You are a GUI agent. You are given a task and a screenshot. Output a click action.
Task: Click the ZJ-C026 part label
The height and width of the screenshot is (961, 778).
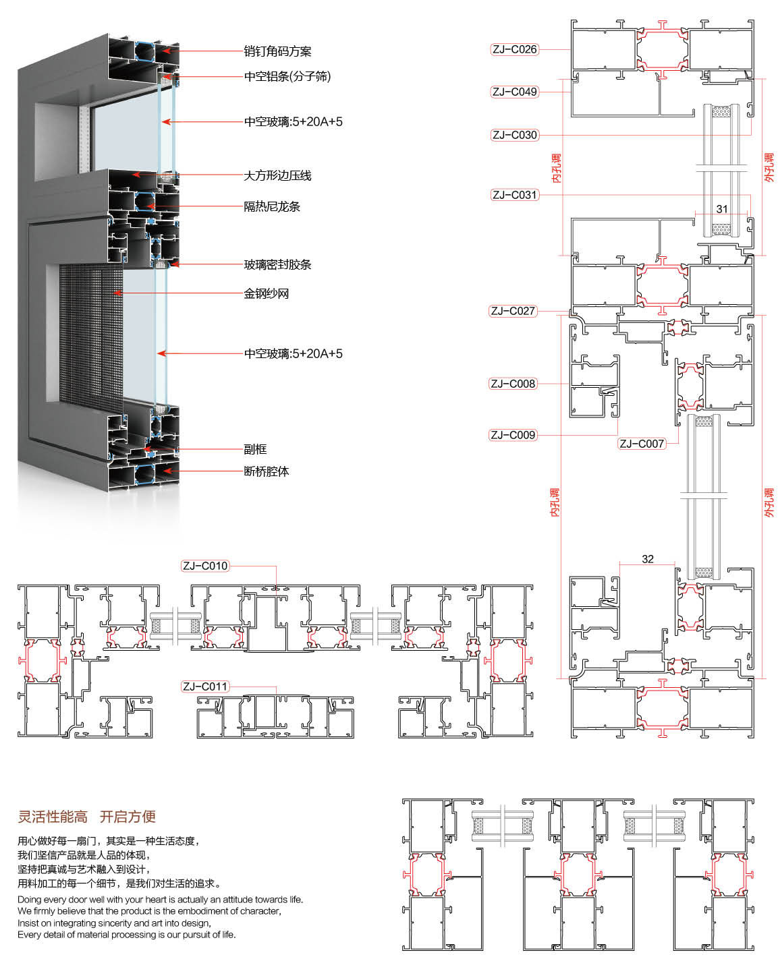[514, 49]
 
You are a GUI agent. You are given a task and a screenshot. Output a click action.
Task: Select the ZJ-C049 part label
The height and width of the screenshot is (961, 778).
[514, 92]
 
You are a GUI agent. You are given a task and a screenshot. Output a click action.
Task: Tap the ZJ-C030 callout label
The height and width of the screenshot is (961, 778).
[514, 135]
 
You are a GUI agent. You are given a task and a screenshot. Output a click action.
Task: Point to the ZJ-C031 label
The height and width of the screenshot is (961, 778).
[514, 195]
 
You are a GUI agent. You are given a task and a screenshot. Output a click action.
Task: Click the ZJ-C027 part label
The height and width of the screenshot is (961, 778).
[513, 311]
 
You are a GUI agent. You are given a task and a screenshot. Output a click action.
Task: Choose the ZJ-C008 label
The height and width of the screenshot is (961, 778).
[513, 384]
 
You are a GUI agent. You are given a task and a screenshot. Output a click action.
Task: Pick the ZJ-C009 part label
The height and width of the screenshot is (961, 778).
[513, 435]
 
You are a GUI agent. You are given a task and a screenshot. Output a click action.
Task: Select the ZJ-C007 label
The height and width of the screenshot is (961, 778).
[642, 444]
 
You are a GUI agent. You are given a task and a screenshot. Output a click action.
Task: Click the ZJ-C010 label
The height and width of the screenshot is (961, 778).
[205, 566]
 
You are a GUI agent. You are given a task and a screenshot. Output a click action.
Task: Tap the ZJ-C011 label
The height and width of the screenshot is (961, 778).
[205, 687]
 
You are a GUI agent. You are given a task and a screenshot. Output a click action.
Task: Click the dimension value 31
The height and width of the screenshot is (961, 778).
[722, 209]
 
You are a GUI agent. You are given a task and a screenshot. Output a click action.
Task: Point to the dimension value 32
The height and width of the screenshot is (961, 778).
[648, 559]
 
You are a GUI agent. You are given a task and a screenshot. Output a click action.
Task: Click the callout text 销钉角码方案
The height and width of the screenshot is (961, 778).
[277, 51]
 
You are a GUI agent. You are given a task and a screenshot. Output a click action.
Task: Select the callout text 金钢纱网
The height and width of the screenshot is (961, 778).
[266, 293]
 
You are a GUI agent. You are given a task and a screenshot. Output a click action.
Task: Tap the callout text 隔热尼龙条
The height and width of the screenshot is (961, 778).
[271, 206]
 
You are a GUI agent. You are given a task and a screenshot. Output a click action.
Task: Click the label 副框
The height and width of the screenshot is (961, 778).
[255, 449]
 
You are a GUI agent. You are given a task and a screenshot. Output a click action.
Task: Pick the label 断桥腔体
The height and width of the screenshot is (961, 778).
[266, 471]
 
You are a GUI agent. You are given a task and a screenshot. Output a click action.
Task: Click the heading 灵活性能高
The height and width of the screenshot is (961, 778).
[53, 817]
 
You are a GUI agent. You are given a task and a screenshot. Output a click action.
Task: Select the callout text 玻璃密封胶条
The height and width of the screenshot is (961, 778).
[277, 264]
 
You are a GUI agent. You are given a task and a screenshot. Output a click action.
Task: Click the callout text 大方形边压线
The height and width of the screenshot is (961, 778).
[277, 175]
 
